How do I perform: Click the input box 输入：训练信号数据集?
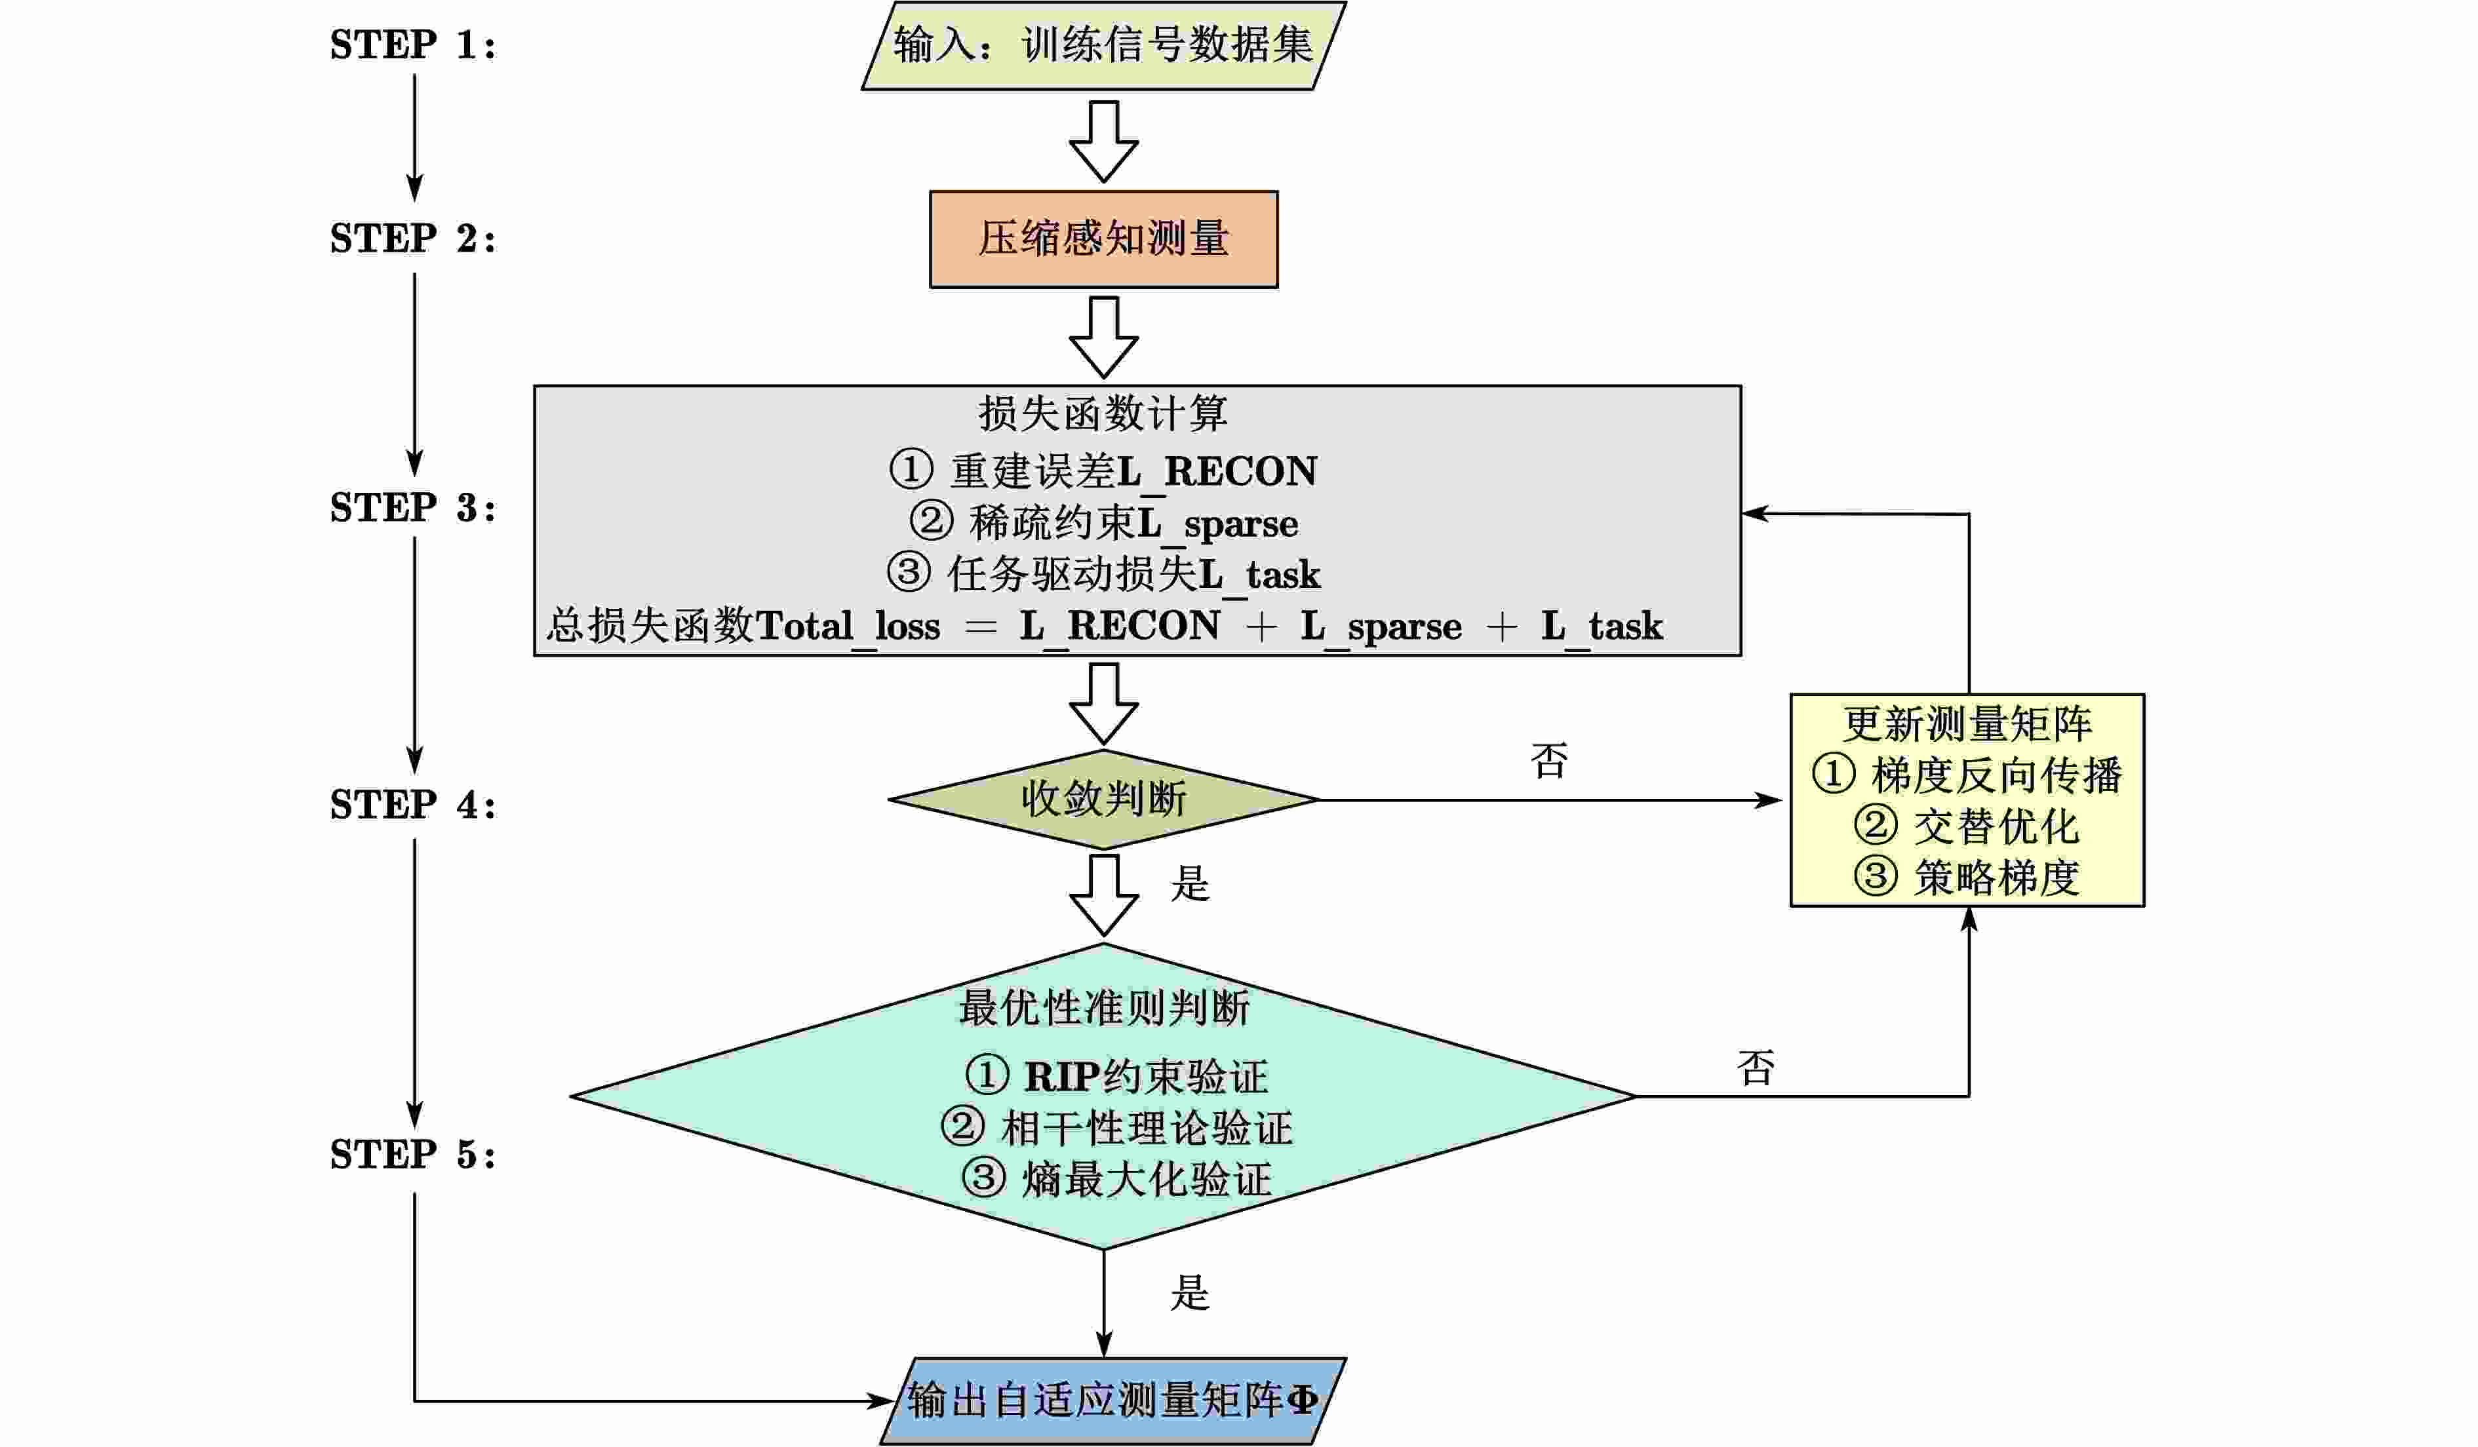click(1103, 45)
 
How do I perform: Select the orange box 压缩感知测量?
click(1103, 239)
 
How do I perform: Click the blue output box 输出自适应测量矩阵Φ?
click(1111, 1401)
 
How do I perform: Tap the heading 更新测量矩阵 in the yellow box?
click(1967, 725)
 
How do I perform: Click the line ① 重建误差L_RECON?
click(1103, 471)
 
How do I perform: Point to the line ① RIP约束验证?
click(1116, 1076)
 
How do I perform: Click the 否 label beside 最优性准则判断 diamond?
click(1756, 1068)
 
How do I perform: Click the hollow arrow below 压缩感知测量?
click(1103, 337)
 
